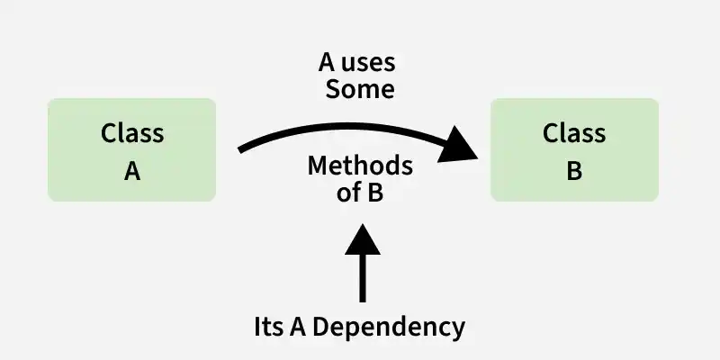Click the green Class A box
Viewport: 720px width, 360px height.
[x=131, y=149]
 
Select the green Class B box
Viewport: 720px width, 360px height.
[x=574, y=149]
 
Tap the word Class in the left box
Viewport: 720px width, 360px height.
[x=132, y=133]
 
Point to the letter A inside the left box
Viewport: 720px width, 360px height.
[x=132, y=171]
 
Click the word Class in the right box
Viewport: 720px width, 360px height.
[x=574, y=133]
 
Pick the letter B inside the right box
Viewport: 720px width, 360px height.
[x=574, y=171]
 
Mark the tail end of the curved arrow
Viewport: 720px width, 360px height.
[x=241, y=149]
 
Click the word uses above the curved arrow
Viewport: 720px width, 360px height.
[x=372, y=65]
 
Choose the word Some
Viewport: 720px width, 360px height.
[x=360, y=89]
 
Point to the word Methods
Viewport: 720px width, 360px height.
[x=360, y=166]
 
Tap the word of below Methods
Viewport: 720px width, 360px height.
[x=347, y=192]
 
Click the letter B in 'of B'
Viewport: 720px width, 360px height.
[x=375, y=192]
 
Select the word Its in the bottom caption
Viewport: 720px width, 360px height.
[x=270, y=326]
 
